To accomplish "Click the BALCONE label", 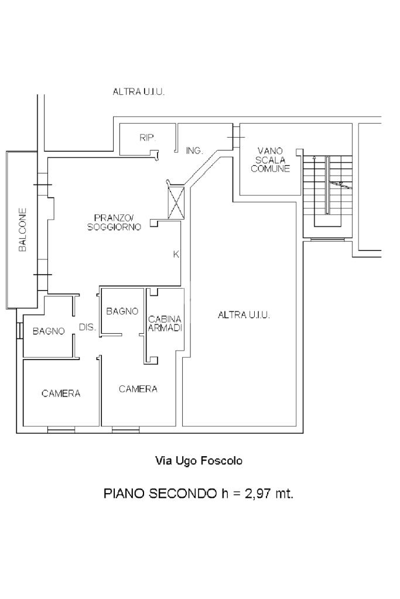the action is (x=22, y=230).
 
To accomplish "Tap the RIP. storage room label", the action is (x=148, y=138).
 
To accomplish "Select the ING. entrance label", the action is (x=194, y=151).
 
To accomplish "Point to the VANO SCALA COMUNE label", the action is (x=270, y=160).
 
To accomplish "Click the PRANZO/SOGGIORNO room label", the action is (x=114, y=223).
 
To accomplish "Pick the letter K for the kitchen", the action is (x=176, y=254).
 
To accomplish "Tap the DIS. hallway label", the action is (x=87, y=327).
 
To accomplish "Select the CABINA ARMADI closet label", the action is (x=165, y=323).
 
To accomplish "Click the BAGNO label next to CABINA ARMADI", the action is (x=122, y=312).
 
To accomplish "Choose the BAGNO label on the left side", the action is (x=49, y=331).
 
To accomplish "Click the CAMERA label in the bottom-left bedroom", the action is (x=61, y=393).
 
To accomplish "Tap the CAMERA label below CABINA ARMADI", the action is (x=138, y=389).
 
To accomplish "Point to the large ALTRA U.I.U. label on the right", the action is (x=244, y=315).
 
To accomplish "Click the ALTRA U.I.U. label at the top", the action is (x=138, y=92).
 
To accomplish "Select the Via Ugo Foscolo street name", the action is (x=199, y=461).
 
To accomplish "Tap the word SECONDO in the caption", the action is (x=182, y=494).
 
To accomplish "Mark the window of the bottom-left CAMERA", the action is (x=61, y=430).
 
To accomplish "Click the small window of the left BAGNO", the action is (x=20, y=330).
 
